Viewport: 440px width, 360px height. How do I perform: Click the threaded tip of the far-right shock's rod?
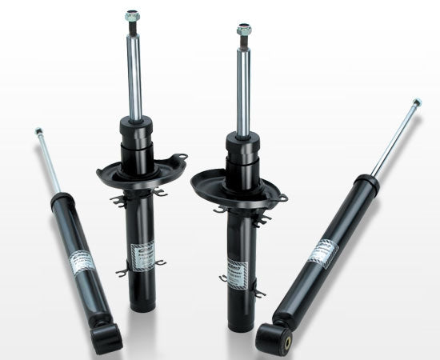(x=416, y=104)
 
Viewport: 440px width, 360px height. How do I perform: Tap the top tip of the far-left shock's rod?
(x=37, y=130)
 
